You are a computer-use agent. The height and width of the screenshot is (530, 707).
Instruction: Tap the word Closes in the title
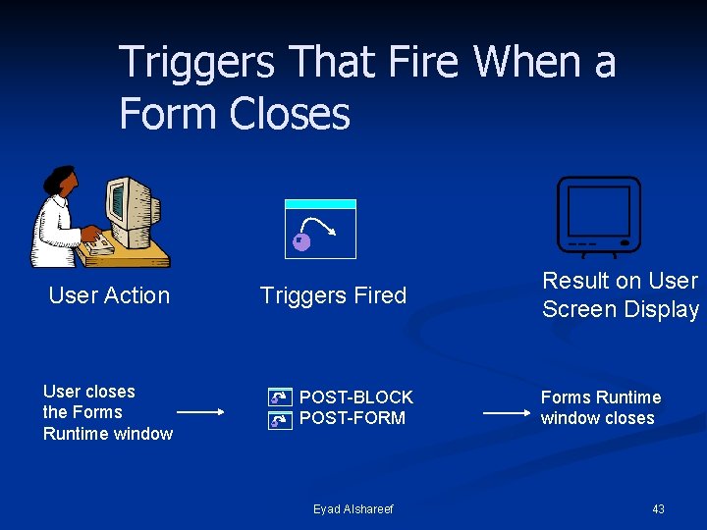pos(291,114)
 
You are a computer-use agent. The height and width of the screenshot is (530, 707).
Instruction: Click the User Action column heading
pos(109,295)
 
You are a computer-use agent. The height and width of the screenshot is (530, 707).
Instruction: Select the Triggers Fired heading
pos(333,295)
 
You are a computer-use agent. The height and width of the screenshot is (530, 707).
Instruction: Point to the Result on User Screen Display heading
pos(621,294)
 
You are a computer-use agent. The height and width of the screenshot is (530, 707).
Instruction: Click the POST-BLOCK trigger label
pos(356,397)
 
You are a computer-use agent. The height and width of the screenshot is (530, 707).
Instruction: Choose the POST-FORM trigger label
pos(353,418)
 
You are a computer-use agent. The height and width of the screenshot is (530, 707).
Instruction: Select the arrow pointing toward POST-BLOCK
pos(203,414)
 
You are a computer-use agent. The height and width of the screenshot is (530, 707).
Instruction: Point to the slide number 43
pos(658,508)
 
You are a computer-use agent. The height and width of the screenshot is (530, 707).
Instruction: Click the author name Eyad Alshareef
pos(353,508)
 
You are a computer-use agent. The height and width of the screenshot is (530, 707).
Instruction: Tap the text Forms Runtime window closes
pos(600,407)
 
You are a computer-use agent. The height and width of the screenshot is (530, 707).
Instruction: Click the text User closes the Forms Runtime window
pos(107,412)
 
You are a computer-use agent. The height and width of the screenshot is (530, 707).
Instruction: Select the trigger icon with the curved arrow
pos(320,230)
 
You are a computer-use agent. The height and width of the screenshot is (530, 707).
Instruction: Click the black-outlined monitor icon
pos(598,216)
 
